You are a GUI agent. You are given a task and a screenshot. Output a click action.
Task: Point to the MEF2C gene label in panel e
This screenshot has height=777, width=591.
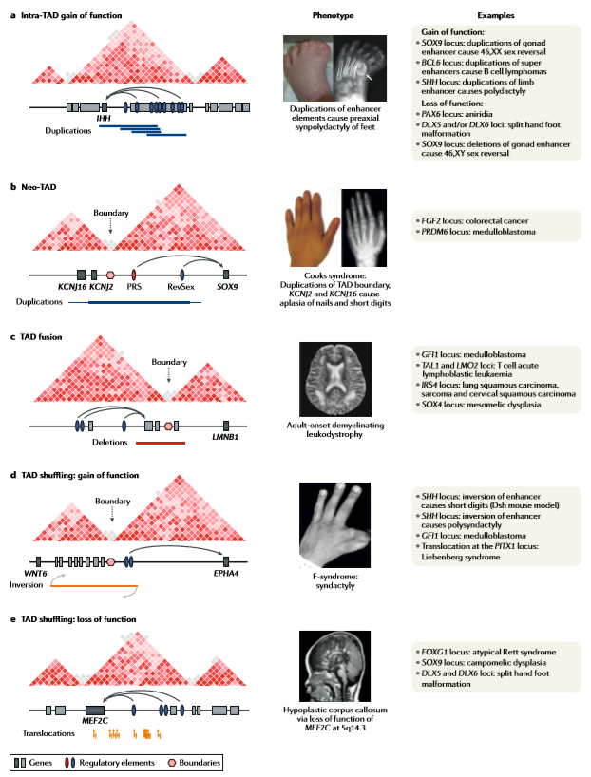coord(96,721)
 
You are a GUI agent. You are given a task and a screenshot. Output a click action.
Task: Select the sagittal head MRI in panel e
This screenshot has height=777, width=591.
coord(332,667)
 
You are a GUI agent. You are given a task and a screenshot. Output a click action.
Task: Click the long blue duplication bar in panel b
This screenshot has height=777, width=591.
coord(143,303)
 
